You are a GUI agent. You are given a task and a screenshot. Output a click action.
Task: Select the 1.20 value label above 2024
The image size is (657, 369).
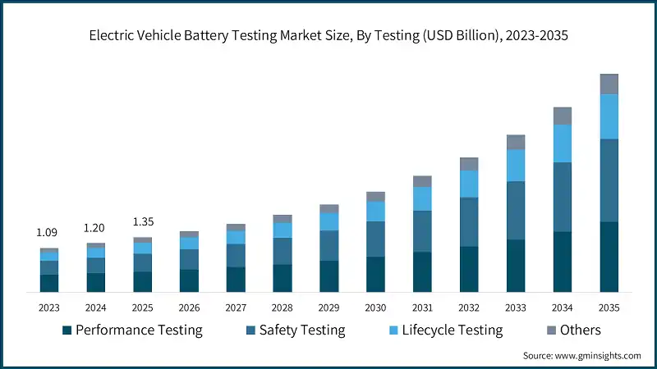coord(96,228)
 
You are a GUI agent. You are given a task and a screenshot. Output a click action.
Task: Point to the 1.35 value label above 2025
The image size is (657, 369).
coord(143,221)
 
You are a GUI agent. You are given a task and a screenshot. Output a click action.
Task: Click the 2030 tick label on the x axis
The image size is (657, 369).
coord(375,307)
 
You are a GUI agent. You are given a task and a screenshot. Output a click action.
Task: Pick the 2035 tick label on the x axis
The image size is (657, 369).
coord(609,307)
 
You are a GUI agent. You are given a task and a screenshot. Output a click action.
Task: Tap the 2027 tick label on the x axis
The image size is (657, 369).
coord(236,307)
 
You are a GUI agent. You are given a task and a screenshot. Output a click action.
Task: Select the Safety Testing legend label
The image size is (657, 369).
coord(302,330)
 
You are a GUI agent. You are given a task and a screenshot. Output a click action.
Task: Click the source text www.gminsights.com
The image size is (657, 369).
coord(581,355)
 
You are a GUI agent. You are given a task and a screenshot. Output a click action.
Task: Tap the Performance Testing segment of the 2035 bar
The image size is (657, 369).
coord(609,257)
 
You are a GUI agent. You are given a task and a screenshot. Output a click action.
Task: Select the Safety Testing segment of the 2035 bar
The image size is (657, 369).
coord(609,180)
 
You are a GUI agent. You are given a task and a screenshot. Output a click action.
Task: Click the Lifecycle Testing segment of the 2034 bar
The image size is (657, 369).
coord(562,143)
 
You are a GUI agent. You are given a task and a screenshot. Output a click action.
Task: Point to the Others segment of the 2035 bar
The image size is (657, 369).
coord(609,84)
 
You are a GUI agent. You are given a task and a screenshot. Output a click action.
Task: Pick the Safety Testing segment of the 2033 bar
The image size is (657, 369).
coord(516,210)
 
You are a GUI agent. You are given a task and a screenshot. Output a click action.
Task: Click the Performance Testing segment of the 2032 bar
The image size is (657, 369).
coord(469,269)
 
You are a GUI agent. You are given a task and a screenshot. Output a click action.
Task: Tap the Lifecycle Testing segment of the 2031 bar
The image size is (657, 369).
coord(422,198)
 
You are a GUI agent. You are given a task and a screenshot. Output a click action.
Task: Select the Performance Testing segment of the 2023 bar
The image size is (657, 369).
coord(49,283)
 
